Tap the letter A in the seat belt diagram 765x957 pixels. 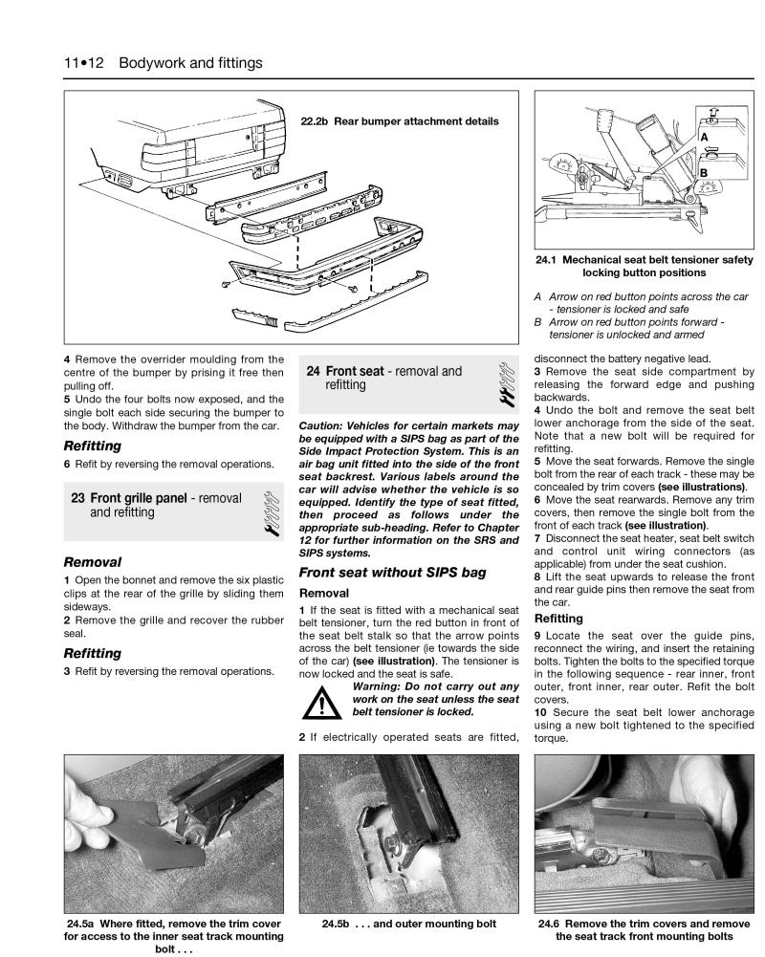(x=703, y=138)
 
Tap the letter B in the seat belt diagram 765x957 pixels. (x=703, y=172)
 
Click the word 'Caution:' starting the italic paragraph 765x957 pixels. (x=325, y=424)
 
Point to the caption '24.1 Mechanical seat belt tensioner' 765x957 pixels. (x=642, y=266)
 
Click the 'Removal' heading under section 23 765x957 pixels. (x=92, y=562)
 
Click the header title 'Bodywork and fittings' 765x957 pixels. (x=191, y=63)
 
